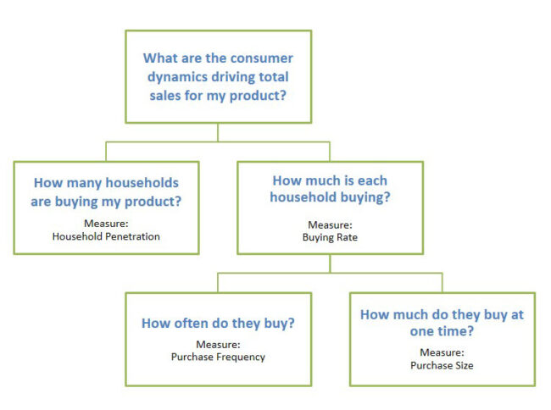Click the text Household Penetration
coord(106,236)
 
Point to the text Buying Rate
coord(330,238)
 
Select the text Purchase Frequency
coord(218,357)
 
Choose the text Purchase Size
coord(442,366)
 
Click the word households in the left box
coord(142,183)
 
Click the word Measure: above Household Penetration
coord(106,224)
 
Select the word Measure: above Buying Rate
coord(330,225)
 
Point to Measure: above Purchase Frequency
coord(218,345)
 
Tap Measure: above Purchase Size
coord(442,352)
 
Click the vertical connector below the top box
coord(218,132)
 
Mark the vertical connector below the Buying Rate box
coord(330,263)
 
